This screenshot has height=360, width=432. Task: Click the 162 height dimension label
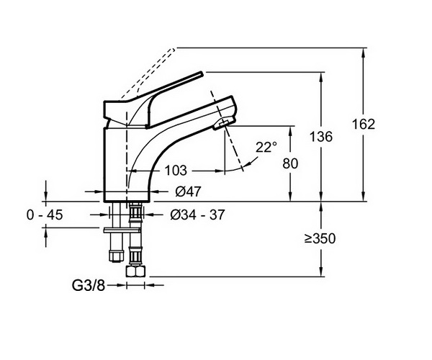click(x=364, y=125)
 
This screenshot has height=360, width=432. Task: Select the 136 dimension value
click(x=321, y=136)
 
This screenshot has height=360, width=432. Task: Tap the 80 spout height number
click(x=290, y=163)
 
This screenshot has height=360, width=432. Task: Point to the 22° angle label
click(x=266, y=147)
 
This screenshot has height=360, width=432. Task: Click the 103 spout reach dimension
click(x=176, y=171)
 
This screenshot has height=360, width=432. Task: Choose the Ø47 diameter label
click(x=189, y=192)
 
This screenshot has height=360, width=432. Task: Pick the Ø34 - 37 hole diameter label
click(x=197, y=215)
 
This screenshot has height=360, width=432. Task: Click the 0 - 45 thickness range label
click(x=45, y=215)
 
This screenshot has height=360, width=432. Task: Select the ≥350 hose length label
click(x=320, y=238)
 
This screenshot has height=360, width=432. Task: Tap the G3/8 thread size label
click(x=89, y=286)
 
